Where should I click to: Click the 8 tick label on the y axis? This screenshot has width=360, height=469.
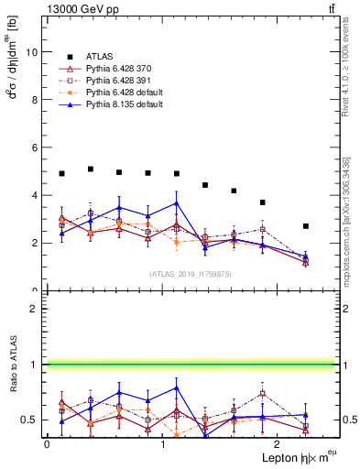(36, 100)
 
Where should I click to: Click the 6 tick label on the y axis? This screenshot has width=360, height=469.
(36, 147)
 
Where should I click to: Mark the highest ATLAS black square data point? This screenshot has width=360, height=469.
(90, 169)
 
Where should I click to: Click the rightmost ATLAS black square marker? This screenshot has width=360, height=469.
(305, 226)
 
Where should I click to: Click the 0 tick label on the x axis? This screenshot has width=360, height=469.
(47, 443)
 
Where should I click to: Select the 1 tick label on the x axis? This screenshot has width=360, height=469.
(162, 443)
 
